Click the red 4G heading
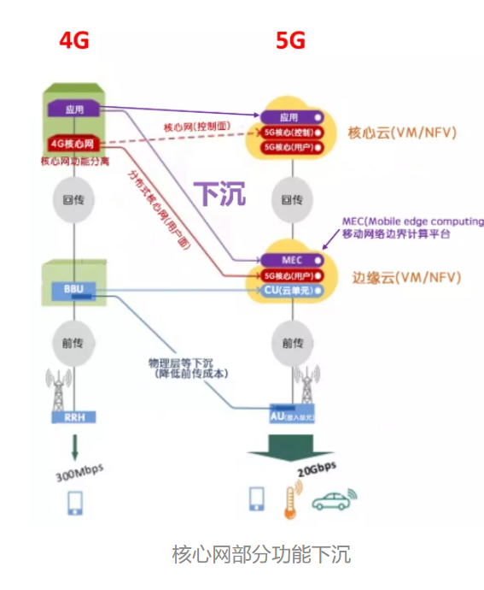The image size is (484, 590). [x=73, y=40]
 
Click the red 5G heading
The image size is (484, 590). [x=290, y=40]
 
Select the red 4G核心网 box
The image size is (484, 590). [x=73, y=143]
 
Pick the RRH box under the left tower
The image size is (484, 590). [x=73, y=417]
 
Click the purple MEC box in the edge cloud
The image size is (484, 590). [x=291, y=259]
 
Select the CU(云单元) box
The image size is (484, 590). [x=291, y=290]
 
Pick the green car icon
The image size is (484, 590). [x=333, y=501]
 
